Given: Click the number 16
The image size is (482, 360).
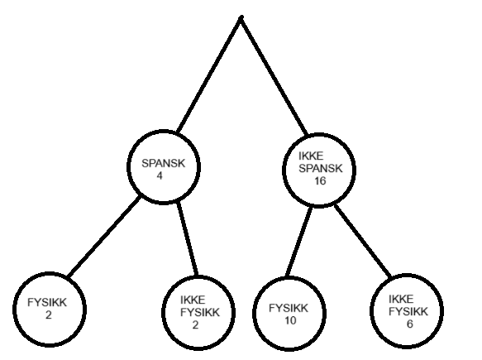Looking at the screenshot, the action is [320, 181].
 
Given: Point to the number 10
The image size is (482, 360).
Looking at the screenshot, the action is [290, 320].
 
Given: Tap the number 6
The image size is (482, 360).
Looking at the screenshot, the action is [410, 324].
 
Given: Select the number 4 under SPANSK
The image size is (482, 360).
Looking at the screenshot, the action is [160, 175].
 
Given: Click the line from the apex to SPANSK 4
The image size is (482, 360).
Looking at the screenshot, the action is [210, 74].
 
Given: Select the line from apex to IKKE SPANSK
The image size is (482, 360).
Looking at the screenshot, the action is [274, 75].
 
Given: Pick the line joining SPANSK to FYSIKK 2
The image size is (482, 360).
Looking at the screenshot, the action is [104, 237].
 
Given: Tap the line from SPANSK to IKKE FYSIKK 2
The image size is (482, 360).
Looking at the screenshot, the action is [187, 239].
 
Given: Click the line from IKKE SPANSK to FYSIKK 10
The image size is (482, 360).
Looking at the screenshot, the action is [298, 242].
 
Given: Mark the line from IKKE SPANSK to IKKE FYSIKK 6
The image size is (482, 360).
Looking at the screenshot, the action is [363, 241].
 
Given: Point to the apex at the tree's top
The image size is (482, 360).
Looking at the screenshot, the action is [241, 17].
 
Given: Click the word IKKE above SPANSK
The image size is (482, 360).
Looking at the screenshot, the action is [311, 156].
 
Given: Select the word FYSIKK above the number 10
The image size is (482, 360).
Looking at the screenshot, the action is [289, 308].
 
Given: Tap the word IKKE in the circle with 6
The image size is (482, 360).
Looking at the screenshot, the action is [401, 299].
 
